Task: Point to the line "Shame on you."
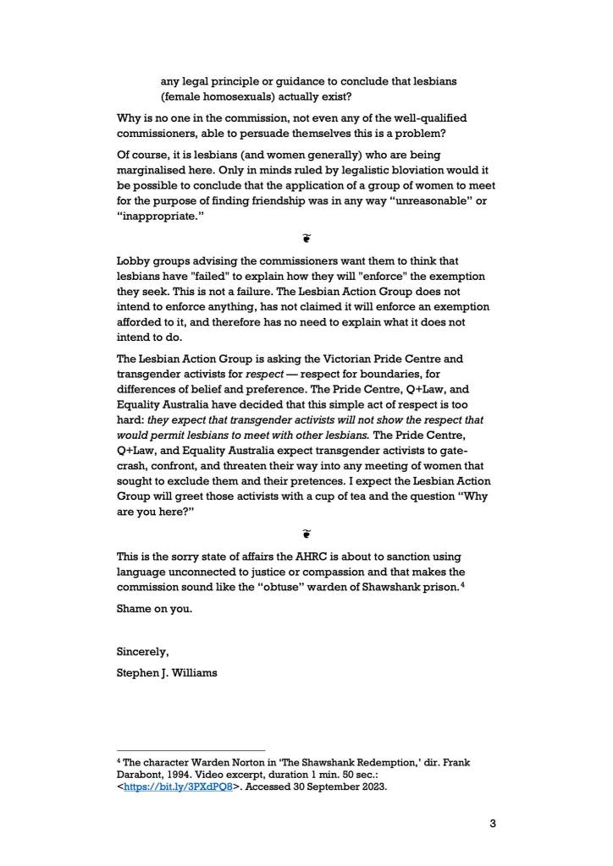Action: (153, 607)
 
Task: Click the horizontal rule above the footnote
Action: (191, 749)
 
